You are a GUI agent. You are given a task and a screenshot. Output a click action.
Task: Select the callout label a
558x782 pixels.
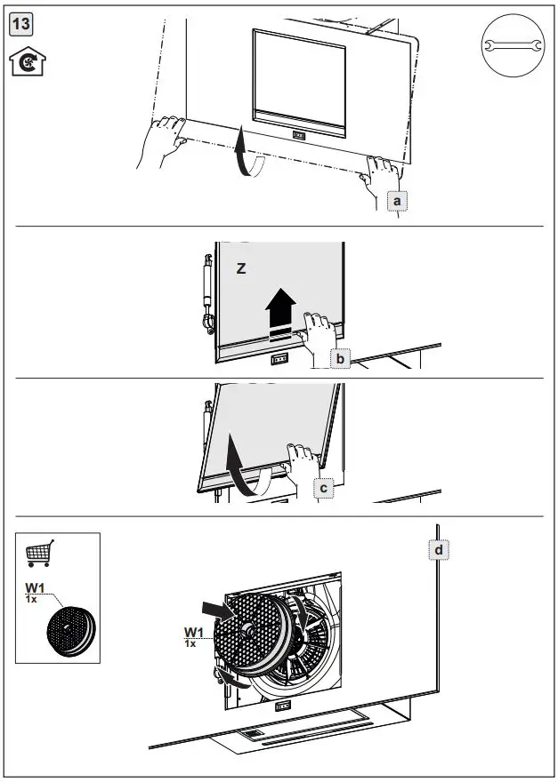click(x=398, y=202)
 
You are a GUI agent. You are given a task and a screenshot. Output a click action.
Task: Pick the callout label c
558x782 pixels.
click(x=324, y=487)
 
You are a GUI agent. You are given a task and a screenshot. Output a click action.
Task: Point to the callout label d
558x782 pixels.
click(x=439, y=550)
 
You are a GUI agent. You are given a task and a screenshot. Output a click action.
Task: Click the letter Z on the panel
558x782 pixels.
click(x=240, y=267)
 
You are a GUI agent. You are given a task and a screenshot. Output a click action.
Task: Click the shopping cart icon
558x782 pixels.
click(x=39, y=553)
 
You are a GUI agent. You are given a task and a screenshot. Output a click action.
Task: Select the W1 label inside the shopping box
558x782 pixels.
click(x=36, y=588)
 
